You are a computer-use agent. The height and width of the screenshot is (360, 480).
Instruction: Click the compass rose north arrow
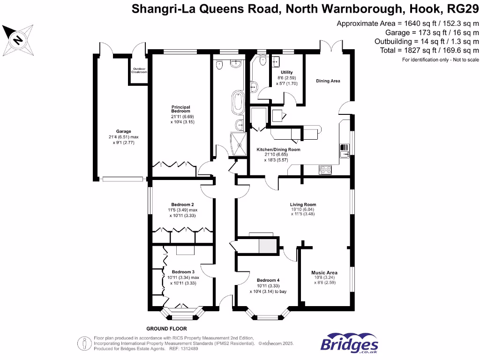pos(18,39)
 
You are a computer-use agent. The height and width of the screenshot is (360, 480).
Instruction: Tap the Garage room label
pos(124,131)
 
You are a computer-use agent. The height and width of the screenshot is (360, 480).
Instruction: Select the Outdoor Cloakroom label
pos(139,71)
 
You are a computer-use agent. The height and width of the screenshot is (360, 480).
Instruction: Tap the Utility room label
pos(286,72)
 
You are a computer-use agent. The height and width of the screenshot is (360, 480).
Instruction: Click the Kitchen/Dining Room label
pos(278,150)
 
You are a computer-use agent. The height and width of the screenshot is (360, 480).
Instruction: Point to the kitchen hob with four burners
pos(325,170)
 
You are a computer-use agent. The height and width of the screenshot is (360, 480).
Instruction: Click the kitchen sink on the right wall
pos(345,151)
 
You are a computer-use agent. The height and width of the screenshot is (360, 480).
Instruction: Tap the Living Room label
pos(303,204)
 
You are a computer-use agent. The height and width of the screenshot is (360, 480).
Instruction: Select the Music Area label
pos(324,272)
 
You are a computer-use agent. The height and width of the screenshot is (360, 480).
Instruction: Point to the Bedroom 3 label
pos(183,272)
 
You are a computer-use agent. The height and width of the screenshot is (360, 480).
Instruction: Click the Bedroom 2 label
pos(183,204)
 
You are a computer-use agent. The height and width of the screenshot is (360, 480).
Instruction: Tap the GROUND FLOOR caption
pos(166,329)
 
